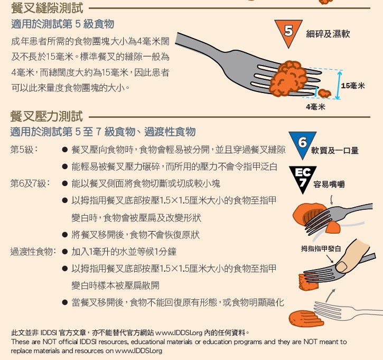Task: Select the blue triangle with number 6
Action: point(302,144)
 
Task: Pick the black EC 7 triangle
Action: point(302,178)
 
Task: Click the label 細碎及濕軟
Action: point(328,34)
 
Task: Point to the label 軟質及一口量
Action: point(335,151)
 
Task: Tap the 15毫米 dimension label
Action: point(353,86)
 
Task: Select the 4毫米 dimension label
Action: point(315,106)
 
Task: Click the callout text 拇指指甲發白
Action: point(321,248)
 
